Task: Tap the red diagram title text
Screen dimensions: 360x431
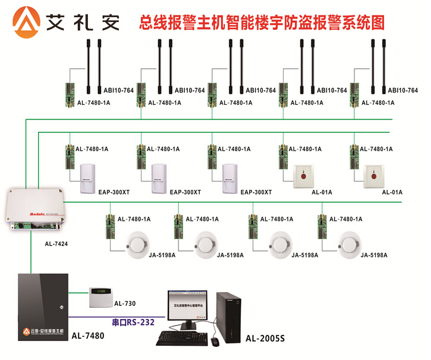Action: coord(262,23)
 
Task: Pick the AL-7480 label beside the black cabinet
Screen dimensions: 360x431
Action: coord(87,336)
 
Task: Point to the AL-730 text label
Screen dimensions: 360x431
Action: coord(125,303)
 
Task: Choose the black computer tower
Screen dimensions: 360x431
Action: coord(229,313)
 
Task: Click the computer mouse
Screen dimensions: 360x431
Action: coord(215,342)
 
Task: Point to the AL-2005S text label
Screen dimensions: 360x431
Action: coord(265,339)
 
